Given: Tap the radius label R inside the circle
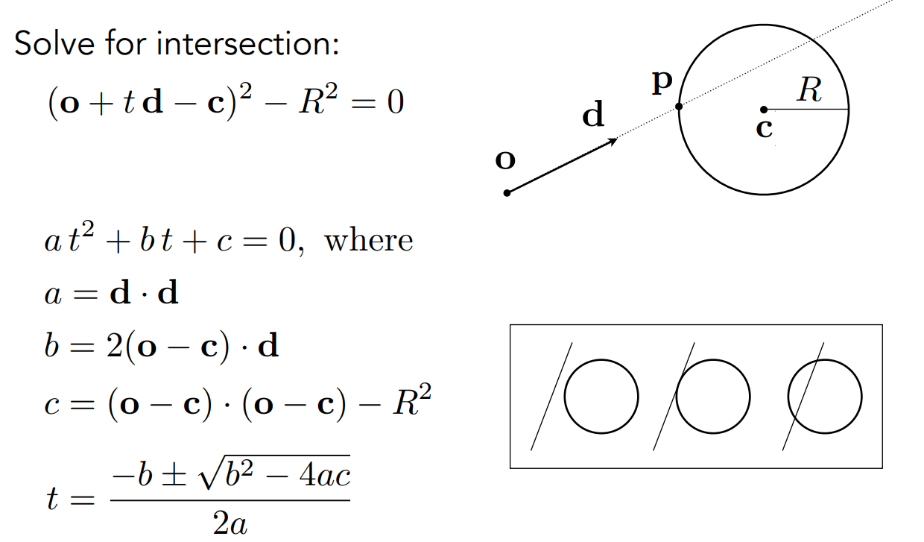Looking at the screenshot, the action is click(808, 91).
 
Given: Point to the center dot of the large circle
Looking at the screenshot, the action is click(764, 110).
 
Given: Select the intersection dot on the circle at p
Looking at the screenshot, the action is click(679, 107).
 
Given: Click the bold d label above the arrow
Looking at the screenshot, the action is click(593, 116).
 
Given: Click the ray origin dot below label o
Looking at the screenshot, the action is click(507, 193).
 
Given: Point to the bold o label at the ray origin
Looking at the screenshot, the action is click(505, 160).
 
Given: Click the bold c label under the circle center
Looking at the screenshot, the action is click(764, 128).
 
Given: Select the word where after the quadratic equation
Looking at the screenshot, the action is click(369, 241).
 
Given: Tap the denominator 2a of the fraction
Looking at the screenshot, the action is click(230, 524).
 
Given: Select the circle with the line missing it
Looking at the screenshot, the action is click(601, 396).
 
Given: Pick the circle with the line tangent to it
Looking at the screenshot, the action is click(713, 396).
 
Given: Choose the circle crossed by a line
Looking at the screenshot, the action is click(825, 396).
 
